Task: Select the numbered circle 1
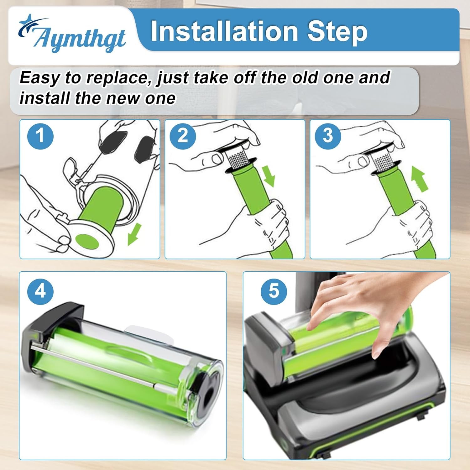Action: tap(40, 136)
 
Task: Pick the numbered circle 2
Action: tap(183, 136)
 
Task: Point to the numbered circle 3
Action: tap(328, 136)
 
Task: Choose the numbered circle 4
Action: tap(40, 291)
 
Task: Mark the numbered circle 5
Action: tap(274, 291)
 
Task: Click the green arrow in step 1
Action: tap(134, 235)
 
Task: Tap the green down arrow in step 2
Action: tap(268, 177)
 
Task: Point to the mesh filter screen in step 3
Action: tap(383, 160)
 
